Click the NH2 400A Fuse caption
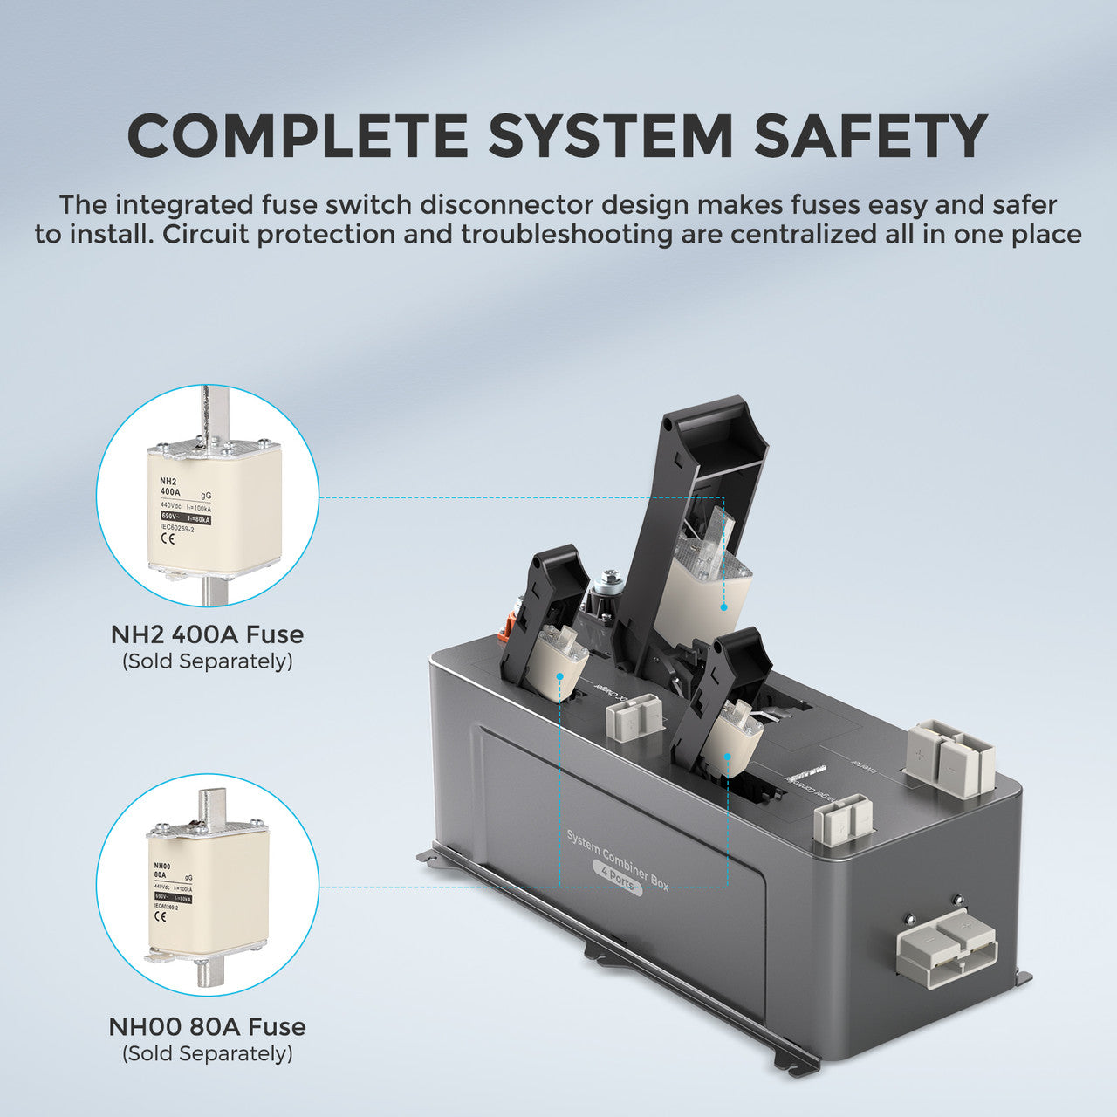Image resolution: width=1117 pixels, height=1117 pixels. (208, 634)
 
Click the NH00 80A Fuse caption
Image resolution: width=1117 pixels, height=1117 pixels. (208, 1026)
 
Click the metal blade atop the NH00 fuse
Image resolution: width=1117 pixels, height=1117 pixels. (211, 807)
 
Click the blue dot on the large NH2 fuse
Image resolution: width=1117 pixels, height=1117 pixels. (723, 605)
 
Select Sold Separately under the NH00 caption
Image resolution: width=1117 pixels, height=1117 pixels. (208, 1053)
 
